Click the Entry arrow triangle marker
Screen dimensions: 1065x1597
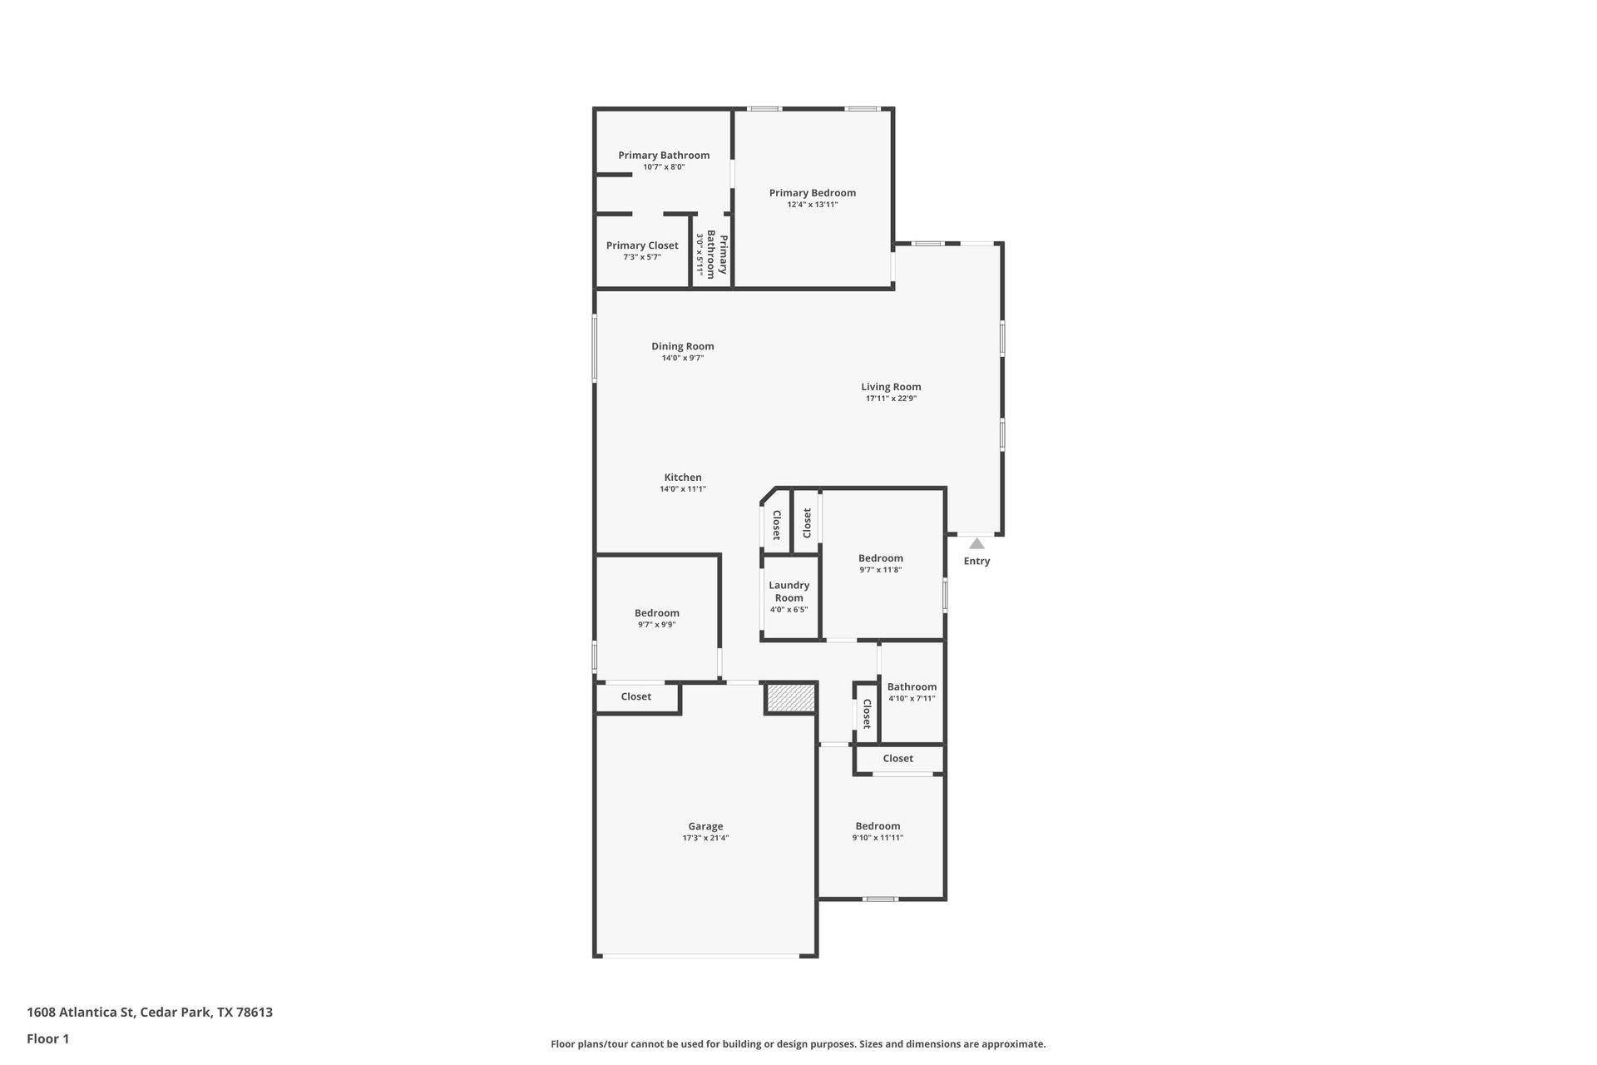(976, 544)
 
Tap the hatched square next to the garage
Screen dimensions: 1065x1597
(790, 697)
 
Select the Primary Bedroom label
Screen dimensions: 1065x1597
(812, 193)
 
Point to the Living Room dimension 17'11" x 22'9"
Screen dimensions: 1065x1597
(891, 399)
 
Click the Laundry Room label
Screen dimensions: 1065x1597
(789, 592)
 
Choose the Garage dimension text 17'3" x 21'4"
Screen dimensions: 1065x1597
(705, 838)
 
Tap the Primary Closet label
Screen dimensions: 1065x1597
(642, 245)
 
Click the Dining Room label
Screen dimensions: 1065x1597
(682, 346)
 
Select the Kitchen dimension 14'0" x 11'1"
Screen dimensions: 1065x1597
(682, 489)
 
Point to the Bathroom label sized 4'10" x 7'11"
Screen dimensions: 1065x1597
(912, 687)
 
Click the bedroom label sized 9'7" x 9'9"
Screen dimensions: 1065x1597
(656, 613)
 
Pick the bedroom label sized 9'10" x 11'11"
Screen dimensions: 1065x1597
(878, 826)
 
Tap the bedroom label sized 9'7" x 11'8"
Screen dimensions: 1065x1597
(880, 558)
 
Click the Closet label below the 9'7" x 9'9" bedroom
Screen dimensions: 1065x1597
(635, 696)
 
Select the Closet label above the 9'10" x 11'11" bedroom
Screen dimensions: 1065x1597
(897, 759)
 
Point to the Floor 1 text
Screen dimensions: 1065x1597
(48, 1038)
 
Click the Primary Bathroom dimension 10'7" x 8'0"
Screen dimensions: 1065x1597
(664, 167)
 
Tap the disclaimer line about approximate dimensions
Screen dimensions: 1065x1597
(798, 1044)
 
